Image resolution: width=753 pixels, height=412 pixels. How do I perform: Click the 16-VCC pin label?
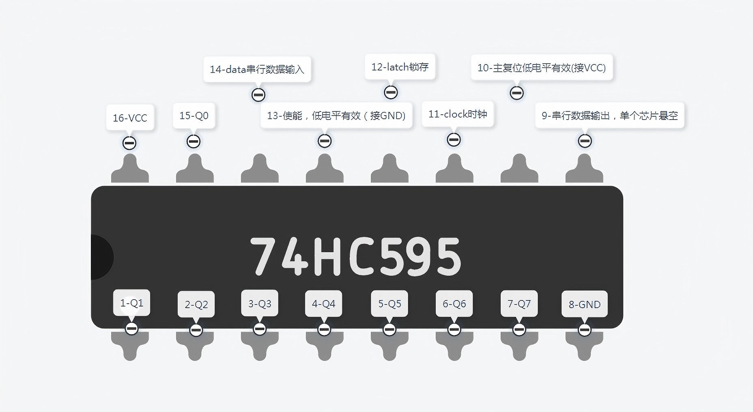point(130,118)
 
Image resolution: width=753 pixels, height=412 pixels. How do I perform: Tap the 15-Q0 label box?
point(194,116)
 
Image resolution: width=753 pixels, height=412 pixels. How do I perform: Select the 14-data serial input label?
point(257,69)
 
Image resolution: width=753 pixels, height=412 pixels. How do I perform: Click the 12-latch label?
point(400,67)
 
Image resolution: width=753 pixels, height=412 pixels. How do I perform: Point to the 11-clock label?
point(458,114)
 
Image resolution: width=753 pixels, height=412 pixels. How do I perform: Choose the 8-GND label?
point(585,304)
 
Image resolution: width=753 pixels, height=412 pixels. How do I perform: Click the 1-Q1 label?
point(131,303)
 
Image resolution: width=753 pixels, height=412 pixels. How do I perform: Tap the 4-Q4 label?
point(324,304)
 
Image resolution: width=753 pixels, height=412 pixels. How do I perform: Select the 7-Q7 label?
point(519,304)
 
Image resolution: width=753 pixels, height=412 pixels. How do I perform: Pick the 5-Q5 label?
point(389,304)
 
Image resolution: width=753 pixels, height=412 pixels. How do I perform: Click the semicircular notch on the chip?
point(101,257)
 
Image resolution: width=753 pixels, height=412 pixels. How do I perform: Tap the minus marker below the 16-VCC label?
point(129,143)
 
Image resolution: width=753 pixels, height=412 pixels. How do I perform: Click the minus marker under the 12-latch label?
point(391,92)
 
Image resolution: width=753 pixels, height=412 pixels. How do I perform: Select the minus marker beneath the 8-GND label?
point(585,330)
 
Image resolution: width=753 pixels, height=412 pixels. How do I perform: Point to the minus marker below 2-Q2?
point(196,330)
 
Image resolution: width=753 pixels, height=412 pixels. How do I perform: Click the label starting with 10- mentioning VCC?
point(542,68)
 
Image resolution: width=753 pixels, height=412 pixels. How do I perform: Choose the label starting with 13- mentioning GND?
point(336,116)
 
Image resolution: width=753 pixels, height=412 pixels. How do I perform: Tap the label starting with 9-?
point(610,116)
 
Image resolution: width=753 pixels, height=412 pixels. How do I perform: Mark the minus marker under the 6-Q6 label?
point(454,329)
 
